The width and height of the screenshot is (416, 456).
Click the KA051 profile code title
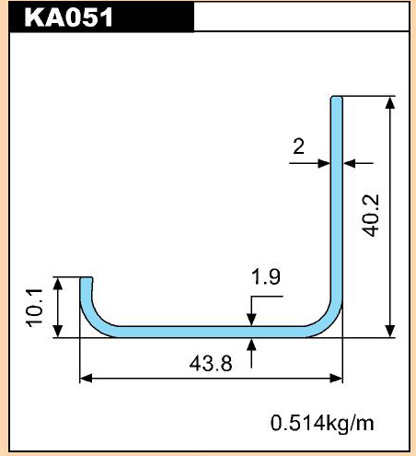[x=68, y=17]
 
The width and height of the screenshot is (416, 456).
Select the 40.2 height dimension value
[x=371, y=216]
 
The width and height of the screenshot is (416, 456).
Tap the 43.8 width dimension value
[x=211, y=364]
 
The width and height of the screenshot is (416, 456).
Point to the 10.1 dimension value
[x=34, y=308]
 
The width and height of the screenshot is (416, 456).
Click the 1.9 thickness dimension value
[x=266, y=276]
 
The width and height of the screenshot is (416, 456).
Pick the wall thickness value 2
[x=298, y=146]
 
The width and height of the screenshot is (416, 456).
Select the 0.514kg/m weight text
[x=322, y=423]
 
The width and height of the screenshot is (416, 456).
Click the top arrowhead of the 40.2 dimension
[x=390, y=102]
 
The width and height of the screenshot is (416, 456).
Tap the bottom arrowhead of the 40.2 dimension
[x=390, y=331]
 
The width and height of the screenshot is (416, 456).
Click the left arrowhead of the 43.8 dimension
[x=87, y=379]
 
